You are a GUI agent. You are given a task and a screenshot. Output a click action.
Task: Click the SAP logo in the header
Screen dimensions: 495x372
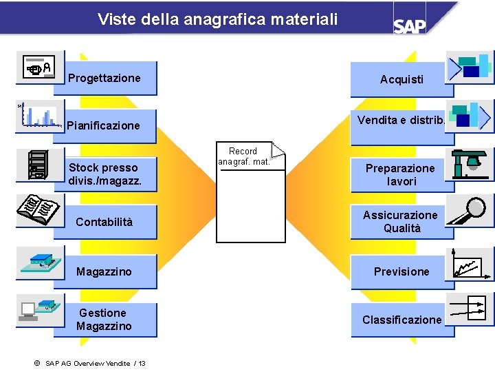coord(410,25)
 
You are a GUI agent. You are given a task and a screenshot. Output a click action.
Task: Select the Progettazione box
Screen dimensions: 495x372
coord(104,78)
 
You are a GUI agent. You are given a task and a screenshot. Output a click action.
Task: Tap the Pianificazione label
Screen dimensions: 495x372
coord(103,125)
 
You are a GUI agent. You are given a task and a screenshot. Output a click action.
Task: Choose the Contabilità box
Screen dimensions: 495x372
coord(104,222)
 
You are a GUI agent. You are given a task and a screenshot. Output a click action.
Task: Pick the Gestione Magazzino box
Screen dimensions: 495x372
coord(104,320)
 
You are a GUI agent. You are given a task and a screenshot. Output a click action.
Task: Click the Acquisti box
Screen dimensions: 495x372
coord(401,79)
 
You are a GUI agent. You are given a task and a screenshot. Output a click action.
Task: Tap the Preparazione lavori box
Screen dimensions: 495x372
coord(400,175)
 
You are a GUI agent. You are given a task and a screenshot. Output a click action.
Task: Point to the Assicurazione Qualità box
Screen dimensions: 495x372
coord(401,222)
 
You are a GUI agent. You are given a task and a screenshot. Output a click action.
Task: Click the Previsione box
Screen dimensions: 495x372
coord(401,271)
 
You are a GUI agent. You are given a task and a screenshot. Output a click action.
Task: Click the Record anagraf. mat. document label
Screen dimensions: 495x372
coord(243,156)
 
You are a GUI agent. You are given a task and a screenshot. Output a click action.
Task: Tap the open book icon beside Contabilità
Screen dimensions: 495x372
coord(37,209)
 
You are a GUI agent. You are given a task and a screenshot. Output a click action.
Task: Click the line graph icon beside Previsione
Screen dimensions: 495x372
coord(470,263)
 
